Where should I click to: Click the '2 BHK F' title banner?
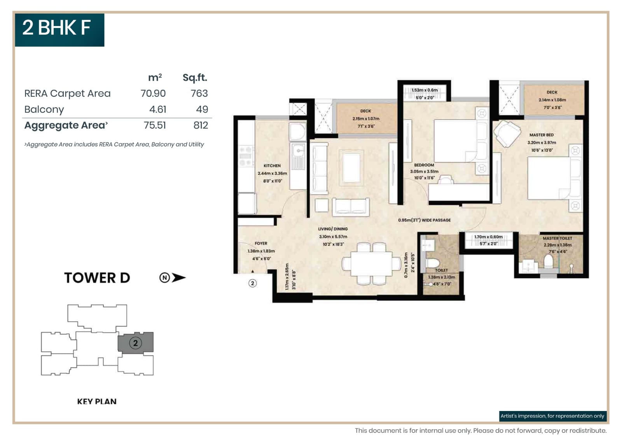(59, 30)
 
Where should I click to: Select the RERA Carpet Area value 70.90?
(153, 93)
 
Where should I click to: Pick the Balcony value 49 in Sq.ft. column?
(202, 109)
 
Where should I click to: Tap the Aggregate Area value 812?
(201, 125)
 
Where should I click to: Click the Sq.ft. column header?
(195, 77)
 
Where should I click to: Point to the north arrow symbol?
(173, 277)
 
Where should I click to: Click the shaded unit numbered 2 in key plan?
(135, 343)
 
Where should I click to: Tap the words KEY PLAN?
(97, 401)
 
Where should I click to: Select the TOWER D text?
(97, 278)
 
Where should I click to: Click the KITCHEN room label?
(272, 165)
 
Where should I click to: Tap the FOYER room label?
(261, 243)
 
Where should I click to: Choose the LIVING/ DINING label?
(333, 229)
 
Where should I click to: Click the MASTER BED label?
(541, 135)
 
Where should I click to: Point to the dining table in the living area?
(371, 264)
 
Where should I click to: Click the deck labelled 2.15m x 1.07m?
(365, 118)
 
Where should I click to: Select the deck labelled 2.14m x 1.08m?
(552, 99)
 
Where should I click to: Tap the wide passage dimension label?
(424, 220)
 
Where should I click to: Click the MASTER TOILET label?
(557, 238)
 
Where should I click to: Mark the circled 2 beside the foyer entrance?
(253, 283)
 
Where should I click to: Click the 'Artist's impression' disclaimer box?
(552, 416)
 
